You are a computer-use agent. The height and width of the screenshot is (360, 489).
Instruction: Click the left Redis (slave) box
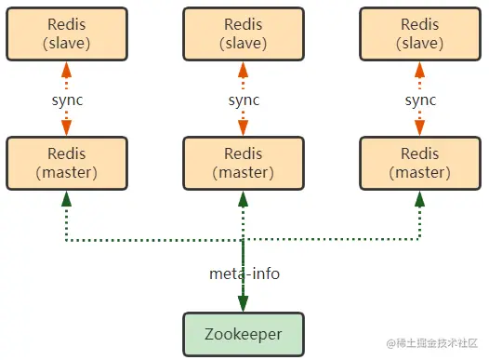click(66, 33)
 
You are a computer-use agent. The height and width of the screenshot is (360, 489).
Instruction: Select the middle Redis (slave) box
click(243, 33)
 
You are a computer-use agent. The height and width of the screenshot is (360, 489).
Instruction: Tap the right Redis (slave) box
click(419, 33)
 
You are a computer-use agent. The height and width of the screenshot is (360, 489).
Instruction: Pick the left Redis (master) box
click(66, 162)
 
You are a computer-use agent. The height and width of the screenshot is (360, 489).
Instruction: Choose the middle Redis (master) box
click(243, 162)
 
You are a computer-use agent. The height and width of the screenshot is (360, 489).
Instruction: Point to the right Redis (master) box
click(419, 162)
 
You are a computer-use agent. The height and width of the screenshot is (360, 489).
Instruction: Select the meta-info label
click(244, 273)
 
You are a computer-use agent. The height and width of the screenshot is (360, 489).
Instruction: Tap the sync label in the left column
click(66, 99)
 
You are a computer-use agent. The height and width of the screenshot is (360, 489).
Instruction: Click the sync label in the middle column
click(243, 99)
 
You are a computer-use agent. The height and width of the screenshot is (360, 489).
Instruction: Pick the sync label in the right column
click(419, 99)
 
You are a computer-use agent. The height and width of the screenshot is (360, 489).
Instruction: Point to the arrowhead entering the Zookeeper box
click(243, 303)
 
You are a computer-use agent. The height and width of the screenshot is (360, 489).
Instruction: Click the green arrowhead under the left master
click(66, 198)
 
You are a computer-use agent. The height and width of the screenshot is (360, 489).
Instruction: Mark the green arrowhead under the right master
click(419, 198)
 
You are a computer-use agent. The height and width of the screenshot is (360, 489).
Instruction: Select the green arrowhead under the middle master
click(243, 198)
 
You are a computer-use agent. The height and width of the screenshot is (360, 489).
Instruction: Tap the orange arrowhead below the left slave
click(66, 69)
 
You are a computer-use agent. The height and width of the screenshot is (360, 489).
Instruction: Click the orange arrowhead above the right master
click(419, 128)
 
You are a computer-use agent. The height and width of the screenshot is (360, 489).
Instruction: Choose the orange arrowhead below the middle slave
click(243, 69)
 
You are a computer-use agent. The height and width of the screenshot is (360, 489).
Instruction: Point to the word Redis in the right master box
click(419, 153)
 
